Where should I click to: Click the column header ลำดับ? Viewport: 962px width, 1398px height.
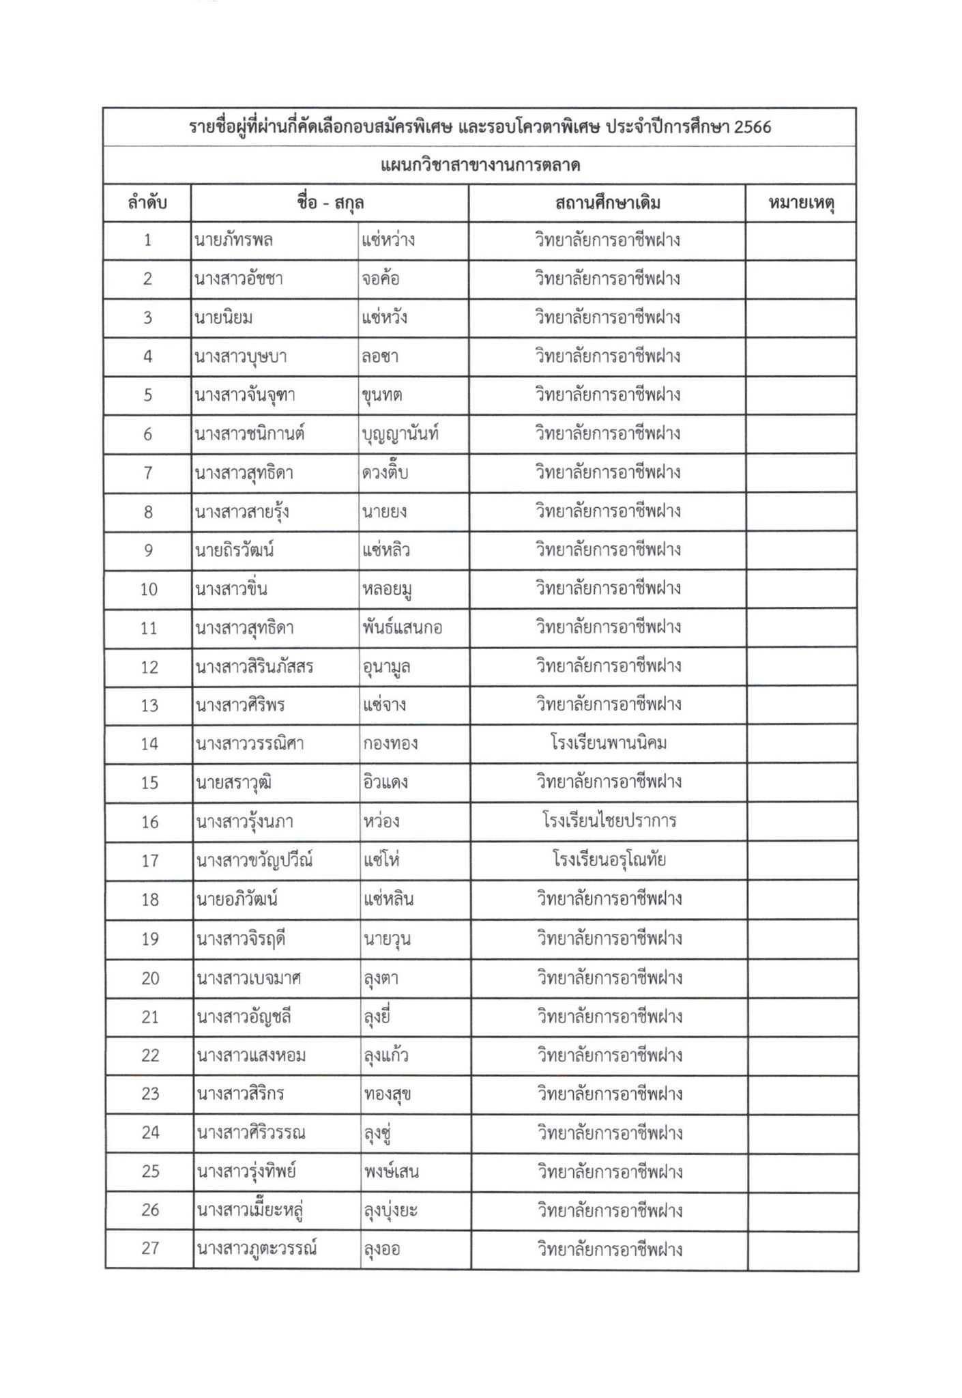pos(147,203)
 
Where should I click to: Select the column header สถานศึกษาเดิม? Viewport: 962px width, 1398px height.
pos(607,203)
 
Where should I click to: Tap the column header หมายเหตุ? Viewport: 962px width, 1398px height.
pos(802,203)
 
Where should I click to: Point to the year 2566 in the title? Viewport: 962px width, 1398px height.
pos(753,128)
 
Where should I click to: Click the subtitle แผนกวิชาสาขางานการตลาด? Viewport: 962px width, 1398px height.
pos(480,165)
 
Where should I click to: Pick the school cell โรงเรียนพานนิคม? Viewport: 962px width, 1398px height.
pos(609,743)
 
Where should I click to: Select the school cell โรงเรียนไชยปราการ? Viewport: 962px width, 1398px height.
pos(609,821)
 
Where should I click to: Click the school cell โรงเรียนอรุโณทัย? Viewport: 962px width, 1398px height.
pos(609,859)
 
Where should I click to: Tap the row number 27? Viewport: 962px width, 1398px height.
pos(150,1249)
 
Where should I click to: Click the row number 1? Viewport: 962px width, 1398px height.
pos(147,240)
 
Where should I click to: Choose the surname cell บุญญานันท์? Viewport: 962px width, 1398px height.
pos(400,434)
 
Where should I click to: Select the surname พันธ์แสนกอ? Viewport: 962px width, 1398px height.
pos(403,627)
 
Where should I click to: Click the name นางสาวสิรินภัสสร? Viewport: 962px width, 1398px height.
pos(254,666)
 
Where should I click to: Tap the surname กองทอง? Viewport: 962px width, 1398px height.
pos(390,743)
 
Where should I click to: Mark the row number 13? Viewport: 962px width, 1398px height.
pos(149,705)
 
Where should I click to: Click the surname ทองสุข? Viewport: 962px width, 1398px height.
pos(388,1094)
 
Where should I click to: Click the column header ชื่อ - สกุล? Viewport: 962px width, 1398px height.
pos(330,203)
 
